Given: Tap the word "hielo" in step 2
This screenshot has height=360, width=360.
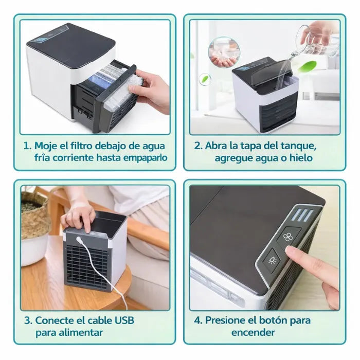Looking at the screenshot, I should tap(298, 158).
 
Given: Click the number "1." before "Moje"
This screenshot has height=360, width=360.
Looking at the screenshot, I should tap(28, 146).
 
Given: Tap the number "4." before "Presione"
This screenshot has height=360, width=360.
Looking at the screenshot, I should tap(198, 320).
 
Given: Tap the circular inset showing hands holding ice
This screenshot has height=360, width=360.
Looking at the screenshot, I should tap(224, 52).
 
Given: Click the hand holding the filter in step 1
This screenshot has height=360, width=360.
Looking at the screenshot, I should tap(152, 90).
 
